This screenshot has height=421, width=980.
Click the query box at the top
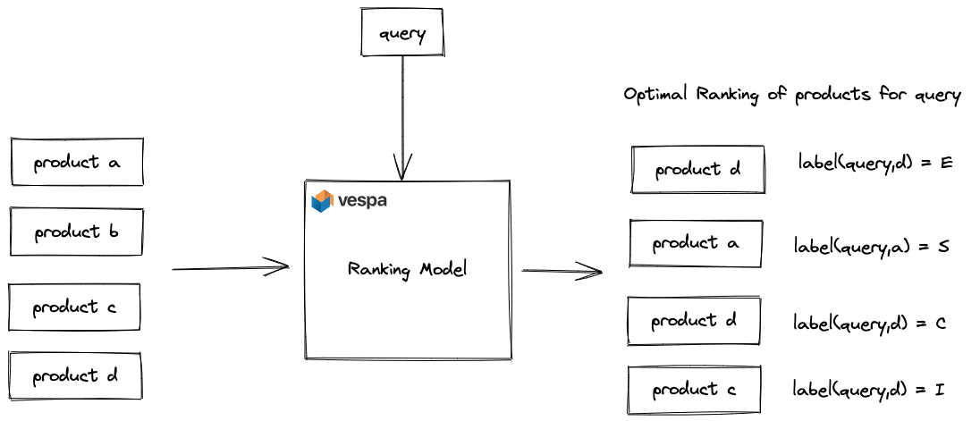pyautogui.click(x=402, y=32)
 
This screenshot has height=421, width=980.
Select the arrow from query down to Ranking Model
pyautogui.click(x=401, y=118)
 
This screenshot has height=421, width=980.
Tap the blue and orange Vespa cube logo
pyautogui.click(x=323, y=201)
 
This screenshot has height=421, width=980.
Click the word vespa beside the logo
pyautogui.click(x=362, y=201)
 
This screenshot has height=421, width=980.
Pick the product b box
pyautogui.click(x=76, y=232)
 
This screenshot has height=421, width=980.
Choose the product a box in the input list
pyautogui.click(x=77, y=162)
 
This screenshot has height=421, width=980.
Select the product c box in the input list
pyautogui.click(x=74, y=307)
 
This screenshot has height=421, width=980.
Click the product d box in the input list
pyautogui.click(x=74, y=376)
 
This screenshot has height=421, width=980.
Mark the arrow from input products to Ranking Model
pyautogui.click(x=231, y=268)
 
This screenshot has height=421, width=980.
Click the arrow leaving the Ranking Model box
pyautogui.click(x=562, y=271)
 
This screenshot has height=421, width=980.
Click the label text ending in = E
pyautogui.click(x=875, y=163)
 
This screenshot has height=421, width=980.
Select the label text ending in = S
pyautogui.click(x=872, y=246)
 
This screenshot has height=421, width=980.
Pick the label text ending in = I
pyautogui.click(x=869, y=390)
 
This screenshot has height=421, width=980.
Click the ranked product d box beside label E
pyautogui.click(x=697, y=170)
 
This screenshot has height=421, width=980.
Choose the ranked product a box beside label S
pyautogui.click(x=696, y=244)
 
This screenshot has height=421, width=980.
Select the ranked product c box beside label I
pyautogui.click(x=694, y=391)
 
